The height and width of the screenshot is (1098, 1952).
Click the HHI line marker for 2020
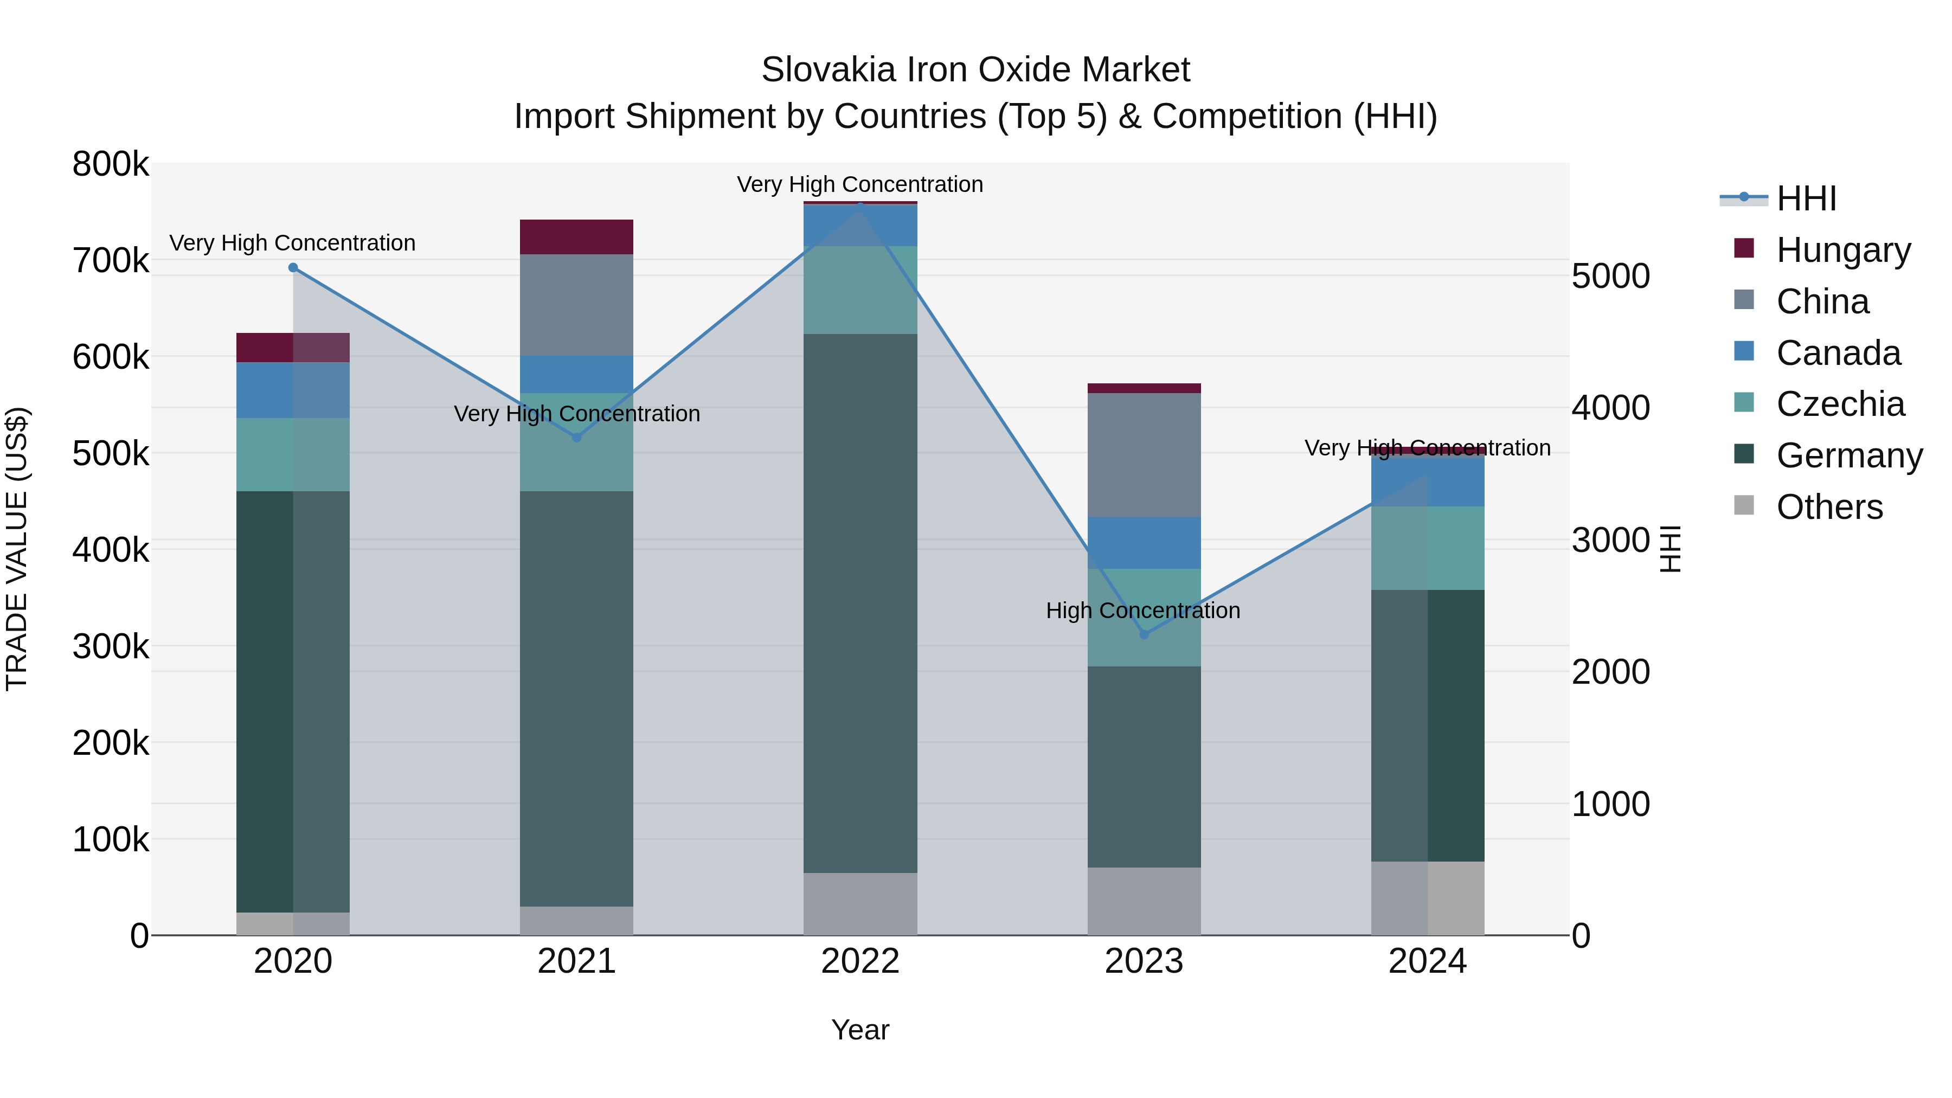click(x=293, y=267)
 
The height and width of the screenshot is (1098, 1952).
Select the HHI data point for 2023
click(x=1144, y=634)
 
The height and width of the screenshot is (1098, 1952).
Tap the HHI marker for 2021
click(x=577, y=437)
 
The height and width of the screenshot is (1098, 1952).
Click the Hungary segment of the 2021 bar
click(x=577, y=237)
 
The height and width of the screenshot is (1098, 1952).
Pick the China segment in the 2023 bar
click(x=1144, y=455)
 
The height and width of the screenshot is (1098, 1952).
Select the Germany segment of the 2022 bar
click(x=860, y=602)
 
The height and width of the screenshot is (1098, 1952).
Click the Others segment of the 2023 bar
click(x=1144, y=901)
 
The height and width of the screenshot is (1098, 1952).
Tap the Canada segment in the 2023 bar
click(x=1144, y=543)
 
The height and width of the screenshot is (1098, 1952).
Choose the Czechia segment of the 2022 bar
click(x=860, y=290)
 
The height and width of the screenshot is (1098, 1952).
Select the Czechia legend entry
click(x=1840, y=404)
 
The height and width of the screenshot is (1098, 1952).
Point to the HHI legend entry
click(x=1806, y=198)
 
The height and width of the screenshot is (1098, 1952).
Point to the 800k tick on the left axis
click(x=111, y=164)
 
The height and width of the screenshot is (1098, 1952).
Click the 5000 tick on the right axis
click(x=1610, y=276)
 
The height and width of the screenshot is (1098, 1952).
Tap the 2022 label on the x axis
click(x=860, y=961)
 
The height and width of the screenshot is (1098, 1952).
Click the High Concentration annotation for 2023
click(x=1142, y=610)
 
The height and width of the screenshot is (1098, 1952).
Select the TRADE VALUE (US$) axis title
click(x=17, y=549)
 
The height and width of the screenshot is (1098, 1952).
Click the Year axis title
click(x=860, y=1030)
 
